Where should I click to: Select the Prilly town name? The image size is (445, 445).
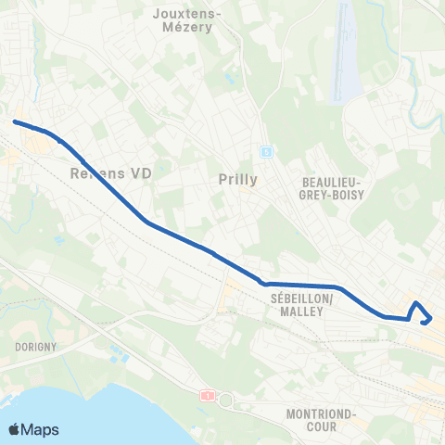pos(240,179)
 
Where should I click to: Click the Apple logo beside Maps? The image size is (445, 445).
pos(14,429)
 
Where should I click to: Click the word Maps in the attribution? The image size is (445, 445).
pos(41,430)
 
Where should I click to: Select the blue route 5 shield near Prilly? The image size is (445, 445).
pos(265,151)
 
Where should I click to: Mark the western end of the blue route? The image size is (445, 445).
pos(14,121)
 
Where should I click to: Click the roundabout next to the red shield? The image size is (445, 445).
pos(223,400)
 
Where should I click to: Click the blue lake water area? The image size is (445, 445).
pos(93,408)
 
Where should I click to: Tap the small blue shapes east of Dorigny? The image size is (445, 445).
pos(118,353)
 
